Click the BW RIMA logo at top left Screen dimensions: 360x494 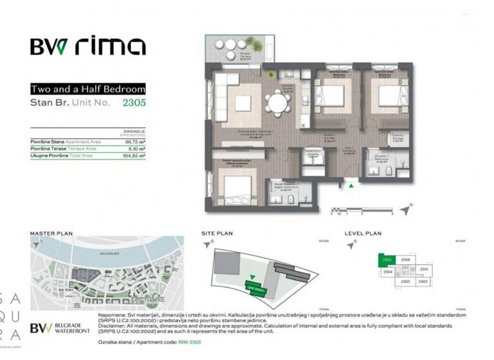(87, 46)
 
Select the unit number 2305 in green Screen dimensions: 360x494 (134, 102)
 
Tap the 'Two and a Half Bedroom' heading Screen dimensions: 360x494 (87, 89)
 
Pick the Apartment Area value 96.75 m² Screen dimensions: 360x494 (134, 141)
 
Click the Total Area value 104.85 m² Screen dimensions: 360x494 (133, 155)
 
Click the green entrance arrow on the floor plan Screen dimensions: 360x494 (351, 186)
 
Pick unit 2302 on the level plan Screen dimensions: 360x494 (423, 281)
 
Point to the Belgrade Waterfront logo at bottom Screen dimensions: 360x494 (61, 328)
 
